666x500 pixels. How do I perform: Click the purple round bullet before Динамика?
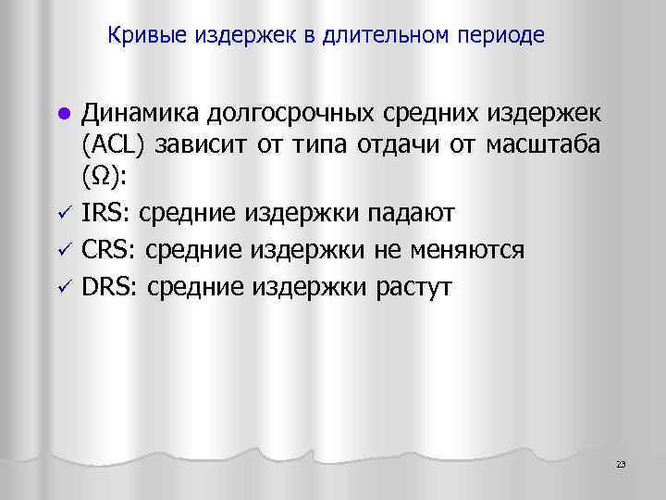(62, 115)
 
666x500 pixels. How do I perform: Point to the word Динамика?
(140, 113)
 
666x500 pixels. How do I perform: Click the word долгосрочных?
(289, 113)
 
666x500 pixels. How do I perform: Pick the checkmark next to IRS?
(62, 215)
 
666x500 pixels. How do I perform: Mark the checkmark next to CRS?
(62, 251)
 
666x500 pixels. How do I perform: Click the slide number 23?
(621, 464)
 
